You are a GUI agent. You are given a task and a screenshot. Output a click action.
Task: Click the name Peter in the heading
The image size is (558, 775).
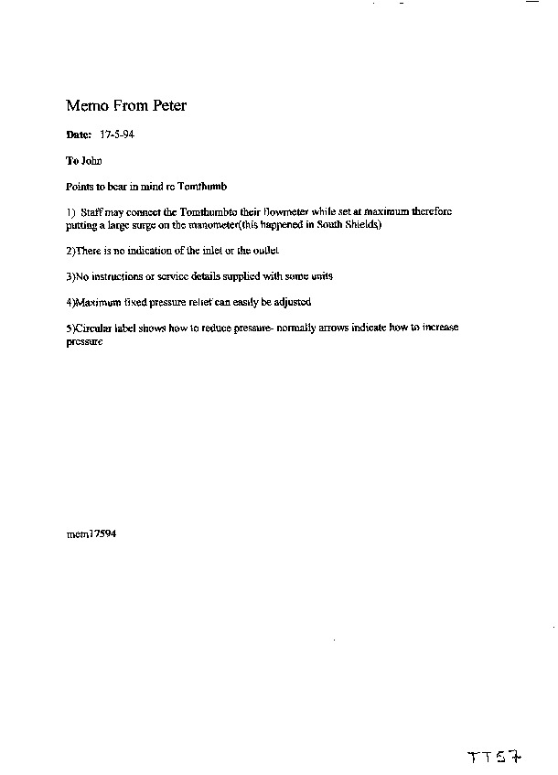166,106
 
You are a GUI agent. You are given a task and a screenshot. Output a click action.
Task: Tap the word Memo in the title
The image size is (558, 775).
86,106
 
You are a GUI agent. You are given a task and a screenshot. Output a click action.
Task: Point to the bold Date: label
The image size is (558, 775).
80,135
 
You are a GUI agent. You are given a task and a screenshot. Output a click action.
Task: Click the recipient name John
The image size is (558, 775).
91,160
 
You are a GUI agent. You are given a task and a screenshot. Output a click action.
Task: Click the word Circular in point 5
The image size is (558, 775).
93,327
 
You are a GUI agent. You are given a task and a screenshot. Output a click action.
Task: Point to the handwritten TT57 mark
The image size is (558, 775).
495,758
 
